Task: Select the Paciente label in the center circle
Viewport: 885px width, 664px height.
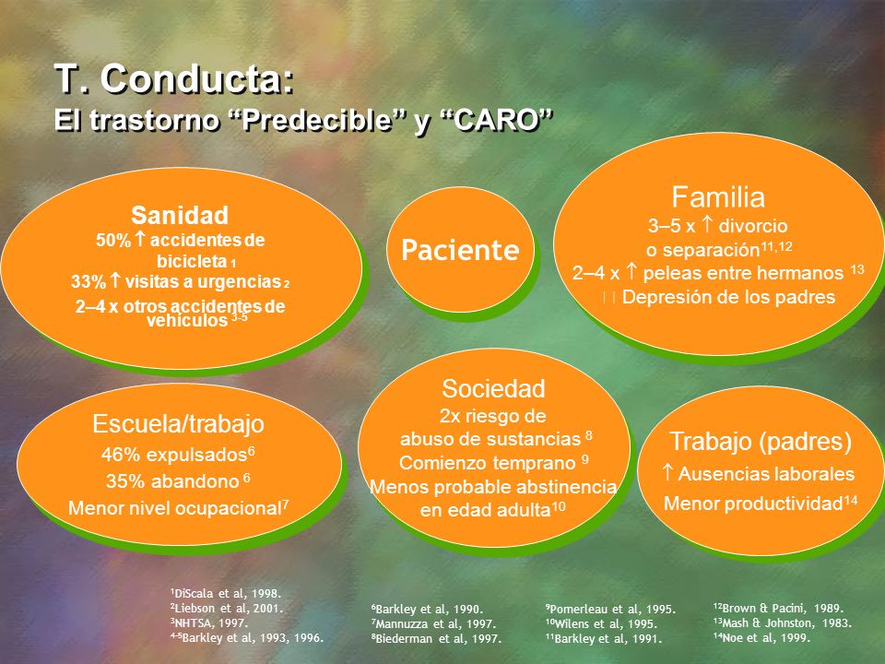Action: pos(460,250)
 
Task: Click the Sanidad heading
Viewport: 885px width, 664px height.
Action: pos(180,215)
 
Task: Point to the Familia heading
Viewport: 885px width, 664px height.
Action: pos(718,197)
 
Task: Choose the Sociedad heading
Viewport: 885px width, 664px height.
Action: pos(493,388)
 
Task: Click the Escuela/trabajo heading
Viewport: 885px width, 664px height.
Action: pos(178,423)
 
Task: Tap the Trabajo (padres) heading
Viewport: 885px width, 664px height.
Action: pos(761,441)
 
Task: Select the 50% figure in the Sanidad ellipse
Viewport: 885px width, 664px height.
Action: pos(113,240)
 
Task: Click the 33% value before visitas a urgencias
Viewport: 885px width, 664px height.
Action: pos(88,281)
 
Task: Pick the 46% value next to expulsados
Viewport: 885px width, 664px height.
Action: pos(120,455)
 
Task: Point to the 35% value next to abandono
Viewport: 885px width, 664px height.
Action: pos(124,481)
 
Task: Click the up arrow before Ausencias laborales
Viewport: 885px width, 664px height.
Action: pos(668,472)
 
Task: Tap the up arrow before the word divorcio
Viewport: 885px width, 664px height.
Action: pos(707,225)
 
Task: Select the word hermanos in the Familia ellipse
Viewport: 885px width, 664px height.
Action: pos(800,273)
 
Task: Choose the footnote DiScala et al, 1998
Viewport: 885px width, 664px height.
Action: pos(226,593)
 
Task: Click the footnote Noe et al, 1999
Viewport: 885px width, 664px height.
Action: pos(762,638)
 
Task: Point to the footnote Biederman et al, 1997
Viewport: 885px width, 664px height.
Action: pos(436,638)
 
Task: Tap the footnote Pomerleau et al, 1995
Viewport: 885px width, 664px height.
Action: pos(610,610)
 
